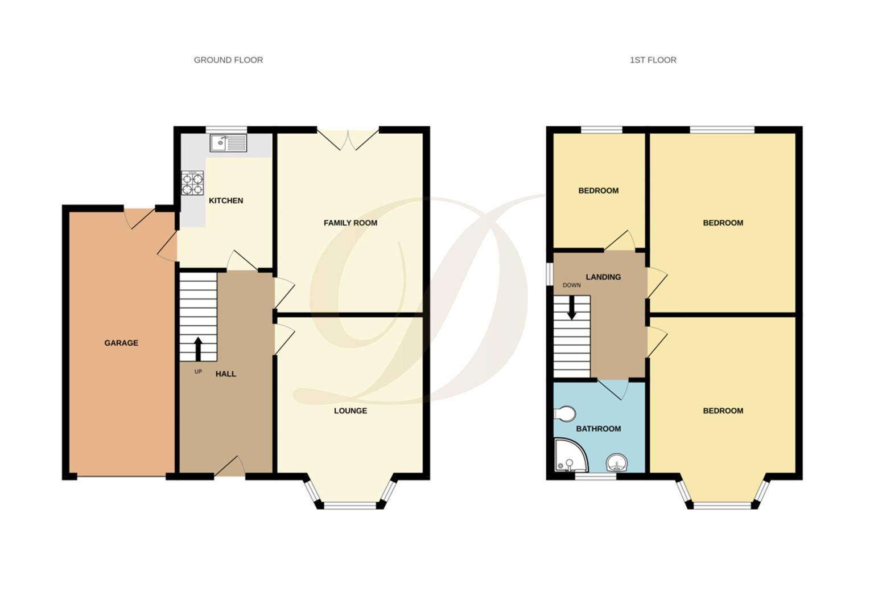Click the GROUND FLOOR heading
[228, 60]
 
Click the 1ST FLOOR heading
[653, 60]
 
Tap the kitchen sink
[228, 143]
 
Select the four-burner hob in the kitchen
[192, 183]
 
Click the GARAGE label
[121, 343]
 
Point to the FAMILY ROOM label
[350, 223]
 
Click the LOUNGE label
[350, 411]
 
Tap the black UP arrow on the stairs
[199, 349]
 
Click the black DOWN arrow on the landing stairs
[571, 307]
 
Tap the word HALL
[225, 374]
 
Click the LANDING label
[603, 277]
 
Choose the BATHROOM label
[598, 429]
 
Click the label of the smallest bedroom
[598, 191]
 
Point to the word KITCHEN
[226, 200]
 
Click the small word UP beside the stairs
[198, 372]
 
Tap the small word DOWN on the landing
[571, 285]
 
